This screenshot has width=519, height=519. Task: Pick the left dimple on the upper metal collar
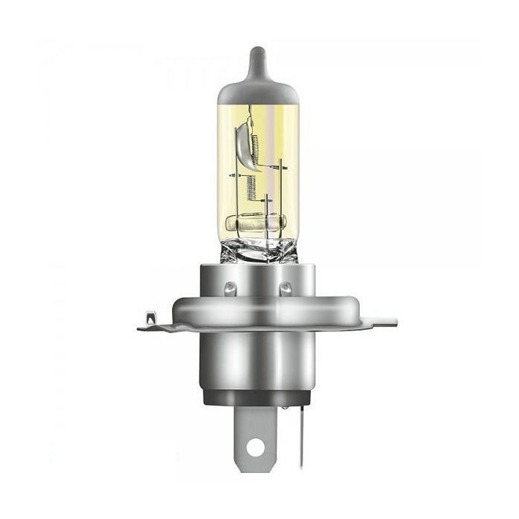(229, 286)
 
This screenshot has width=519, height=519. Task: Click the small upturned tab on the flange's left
(148, 320)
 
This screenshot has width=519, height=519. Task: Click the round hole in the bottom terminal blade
(256, 447)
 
